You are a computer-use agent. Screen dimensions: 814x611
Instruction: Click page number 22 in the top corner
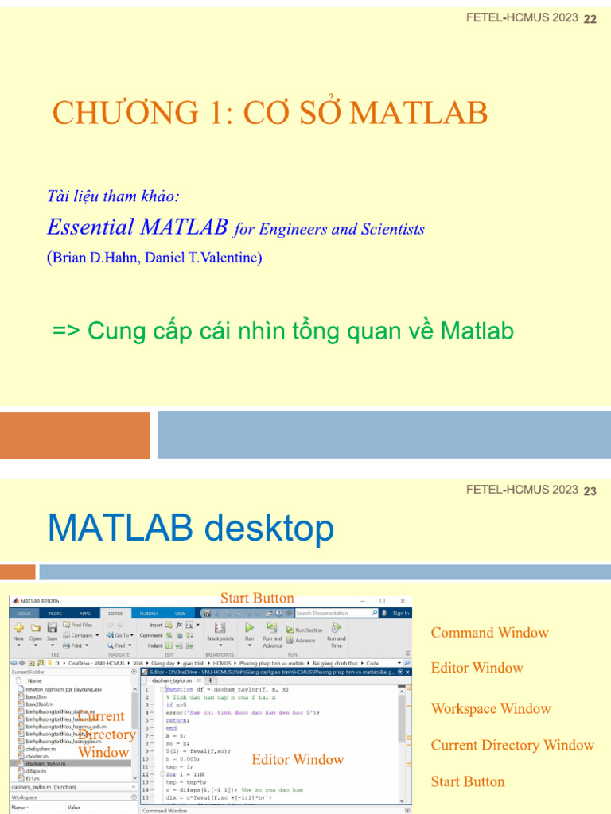(x=590, y=19)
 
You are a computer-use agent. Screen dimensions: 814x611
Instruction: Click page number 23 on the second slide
(x=590, y=491)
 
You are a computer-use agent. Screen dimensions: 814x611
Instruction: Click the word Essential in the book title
(x=90, y=227)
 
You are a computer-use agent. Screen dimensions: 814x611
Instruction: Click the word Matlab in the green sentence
(x=477, y=331)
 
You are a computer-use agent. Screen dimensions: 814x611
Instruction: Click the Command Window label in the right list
(x=489, y=633)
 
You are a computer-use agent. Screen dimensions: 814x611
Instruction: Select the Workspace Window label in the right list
(x=491, y=708)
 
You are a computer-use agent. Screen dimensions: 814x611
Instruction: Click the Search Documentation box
(x=334, y=613)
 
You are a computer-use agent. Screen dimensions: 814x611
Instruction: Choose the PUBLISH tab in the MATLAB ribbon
(x=148, y=613)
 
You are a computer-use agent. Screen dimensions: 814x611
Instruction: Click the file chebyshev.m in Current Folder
(x=39, y=748)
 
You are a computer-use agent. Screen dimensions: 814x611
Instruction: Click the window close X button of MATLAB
(x=402, y=601)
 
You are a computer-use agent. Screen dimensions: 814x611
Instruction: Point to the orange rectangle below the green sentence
(x=75, y=435)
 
